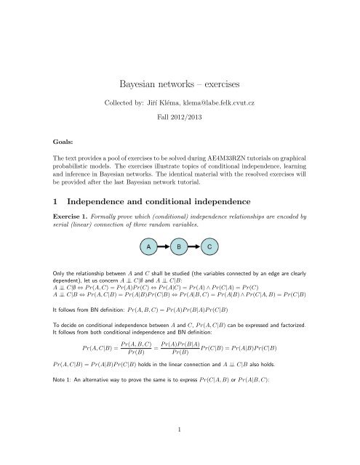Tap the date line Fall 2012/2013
click(x=180, y=116)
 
